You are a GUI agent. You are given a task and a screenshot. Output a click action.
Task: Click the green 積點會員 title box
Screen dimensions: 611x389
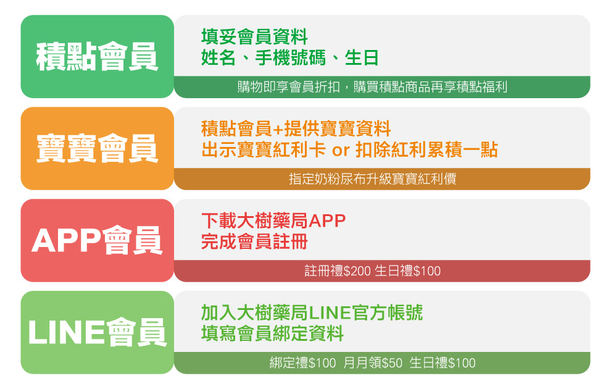click(97, 57)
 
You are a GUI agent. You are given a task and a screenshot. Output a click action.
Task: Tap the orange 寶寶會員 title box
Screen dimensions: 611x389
click(97, 149)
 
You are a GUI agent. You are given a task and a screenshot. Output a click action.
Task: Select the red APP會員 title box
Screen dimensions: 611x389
click(97, 240)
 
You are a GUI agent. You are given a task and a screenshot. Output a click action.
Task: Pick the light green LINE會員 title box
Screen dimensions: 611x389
click(97, 332)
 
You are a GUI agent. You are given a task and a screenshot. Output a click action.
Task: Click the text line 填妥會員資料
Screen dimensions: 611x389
click(254, 37)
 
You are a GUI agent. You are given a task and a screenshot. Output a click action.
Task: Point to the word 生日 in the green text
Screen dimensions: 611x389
click(362, 58)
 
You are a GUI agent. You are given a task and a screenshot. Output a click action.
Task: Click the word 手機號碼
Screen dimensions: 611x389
click(290, 58)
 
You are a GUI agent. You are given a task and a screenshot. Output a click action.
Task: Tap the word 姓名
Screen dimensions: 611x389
click(218, 58)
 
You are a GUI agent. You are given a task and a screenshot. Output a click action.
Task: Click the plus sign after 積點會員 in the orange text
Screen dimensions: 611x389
click(278, 129)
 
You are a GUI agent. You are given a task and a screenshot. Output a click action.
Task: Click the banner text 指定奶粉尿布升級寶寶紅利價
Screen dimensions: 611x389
click(373, 179)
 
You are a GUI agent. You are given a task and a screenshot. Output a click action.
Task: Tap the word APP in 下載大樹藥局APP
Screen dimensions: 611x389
click(328, 221)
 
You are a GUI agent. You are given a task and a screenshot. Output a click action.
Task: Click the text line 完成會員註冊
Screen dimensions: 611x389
click(254, 241)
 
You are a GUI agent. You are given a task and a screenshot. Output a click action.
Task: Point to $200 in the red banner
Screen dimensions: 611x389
click(357, 271)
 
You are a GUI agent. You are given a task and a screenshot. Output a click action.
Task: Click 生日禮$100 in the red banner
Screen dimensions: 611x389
click(407, 271)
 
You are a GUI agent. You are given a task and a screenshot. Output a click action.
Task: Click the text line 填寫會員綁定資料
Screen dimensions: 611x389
click(272, 333)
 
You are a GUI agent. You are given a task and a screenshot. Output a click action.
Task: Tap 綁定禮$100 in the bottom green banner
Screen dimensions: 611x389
click(303, 363)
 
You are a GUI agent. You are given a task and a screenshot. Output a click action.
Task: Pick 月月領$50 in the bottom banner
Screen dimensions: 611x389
click(373, 363)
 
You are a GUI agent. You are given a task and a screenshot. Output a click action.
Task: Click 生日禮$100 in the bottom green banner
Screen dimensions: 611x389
click(443, 363)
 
